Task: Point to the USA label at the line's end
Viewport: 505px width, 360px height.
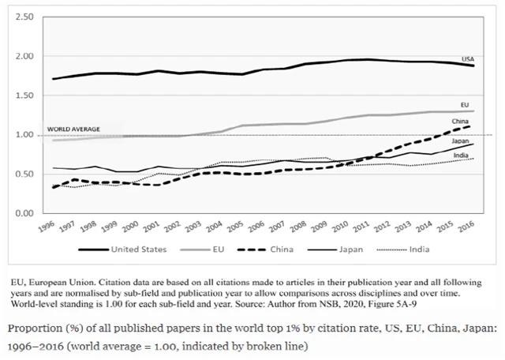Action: click(468, 59)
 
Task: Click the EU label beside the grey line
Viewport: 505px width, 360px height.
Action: click(466, 104)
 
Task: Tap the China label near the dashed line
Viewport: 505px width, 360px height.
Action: click(460, 121)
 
